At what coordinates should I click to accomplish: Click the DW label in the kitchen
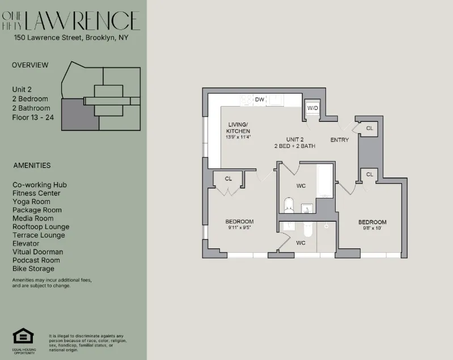tap(260, 100)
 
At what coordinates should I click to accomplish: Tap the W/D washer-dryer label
tap(312, 108)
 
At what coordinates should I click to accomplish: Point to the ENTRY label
tap(340, 140)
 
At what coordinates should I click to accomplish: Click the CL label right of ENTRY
tap(369, 129)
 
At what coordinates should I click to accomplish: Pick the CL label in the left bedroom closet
tap(228, 179)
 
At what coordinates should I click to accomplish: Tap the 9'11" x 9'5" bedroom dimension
tap(239, 228)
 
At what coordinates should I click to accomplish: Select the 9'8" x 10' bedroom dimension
tap(372, 228)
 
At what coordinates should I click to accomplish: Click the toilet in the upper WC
tap(288, 205)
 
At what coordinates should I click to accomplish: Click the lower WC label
tap(300, 243)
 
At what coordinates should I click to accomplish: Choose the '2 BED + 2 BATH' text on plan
tap(295, 146)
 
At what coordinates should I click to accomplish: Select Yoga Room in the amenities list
tap(31, 201)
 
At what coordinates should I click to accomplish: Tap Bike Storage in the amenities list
tap(33, 269)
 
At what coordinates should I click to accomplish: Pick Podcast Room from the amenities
tap(36, 260)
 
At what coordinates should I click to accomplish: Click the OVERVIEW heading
tap(30, 65)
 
